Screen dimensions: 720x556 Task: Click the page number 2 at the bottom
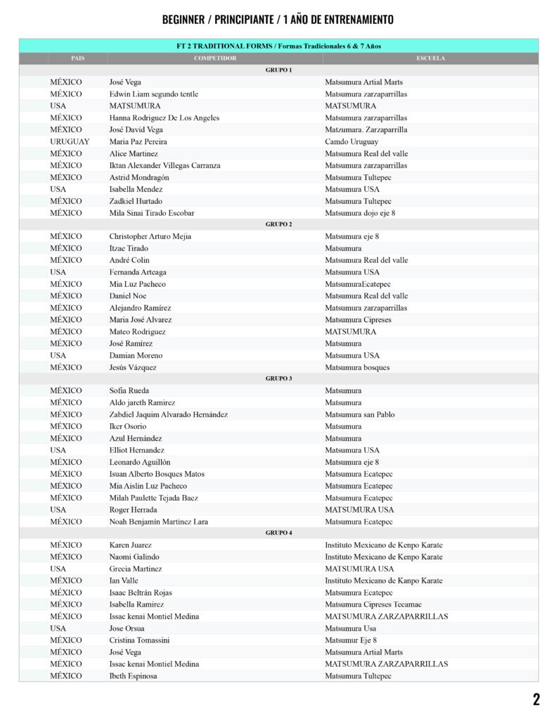(536, 699)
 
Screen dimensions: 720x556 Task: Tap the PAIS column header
(77, 58)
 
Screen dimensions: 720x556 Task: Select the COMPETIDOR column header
(215, 58)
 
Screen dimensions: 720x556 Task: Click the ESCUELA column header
(430, 58)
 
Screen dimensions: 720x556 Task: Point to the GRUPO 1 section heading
(278, 70)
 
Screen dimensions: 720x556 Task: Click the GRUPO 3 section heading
(278, 378)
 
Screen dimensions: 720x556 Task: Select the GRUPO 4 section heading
(278, 533)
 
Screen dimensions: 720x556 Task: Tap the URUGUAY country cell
(70, 141)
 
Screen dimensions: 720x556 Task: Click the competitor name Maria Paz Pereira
(138, 141)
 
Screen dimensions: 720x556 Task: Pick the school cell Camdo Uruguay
(351, 141)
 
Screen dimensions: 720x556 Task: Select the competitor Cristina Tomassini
(139, 640)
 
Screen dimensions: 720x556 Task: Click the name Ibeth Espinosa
(133, 676)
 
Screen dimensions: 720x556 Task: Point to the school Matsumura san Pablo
(359, 414)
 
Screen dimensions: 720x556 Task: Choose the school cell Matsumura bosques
(357, 367)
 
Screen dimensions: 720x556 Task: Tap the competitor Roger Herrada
(134, 510)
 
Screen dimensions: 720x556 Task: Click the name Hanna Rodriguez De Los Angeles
(164, 117)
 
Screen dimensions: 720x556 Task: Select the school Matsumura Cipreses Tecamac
(373, 604)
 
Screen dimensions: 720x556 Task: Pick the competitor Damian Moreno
(136, 355)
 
